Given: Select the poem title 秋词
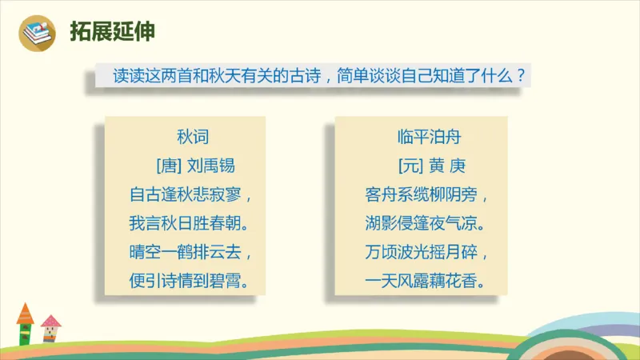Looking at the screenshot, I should pyautogui.click(x=193, y=137).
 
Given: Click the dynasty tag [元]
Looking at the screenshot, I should pyautogui.click(x=409, y=166).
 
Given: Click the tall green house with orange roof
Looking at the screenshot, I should pyautogui.click(x=25, y=325).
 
